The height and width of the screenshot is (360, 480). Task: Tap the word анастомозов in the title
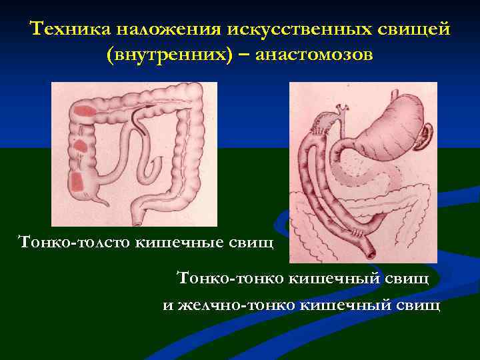coord(313,55)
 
